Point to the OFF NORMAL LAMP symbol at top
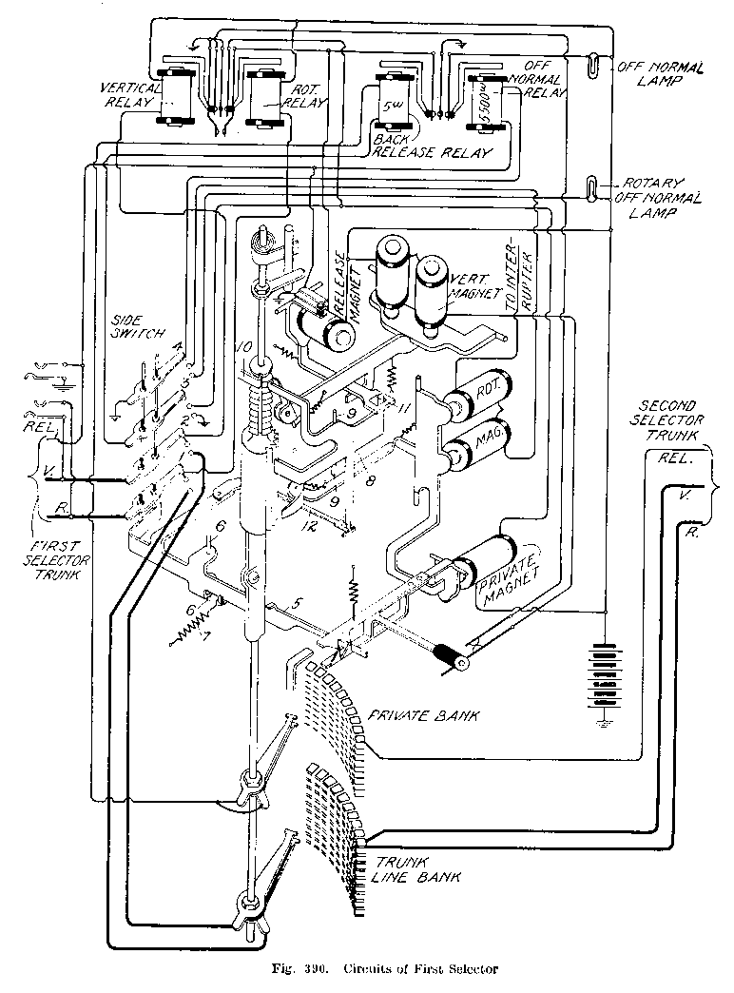pos(593,67)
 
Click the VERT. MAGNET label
pos(478,285)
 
